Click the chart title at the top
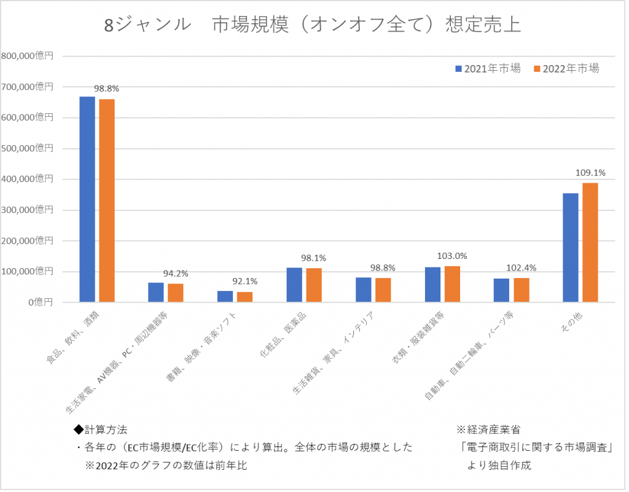[313, 25]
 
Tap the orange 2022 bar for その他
[590, 242]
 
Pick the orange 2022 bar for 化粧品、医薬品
[314, 285]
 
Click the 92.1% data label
[244, 282]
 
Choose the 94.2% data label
[176, 273]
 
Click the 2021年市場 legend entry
[488, 69]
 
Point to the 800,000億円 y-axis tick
[28, 56]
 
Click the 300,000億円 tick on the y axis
[28, 210]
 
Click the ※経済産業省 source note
[488, 429]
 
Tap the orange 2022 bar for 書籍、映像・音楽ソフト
[244, 296]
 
